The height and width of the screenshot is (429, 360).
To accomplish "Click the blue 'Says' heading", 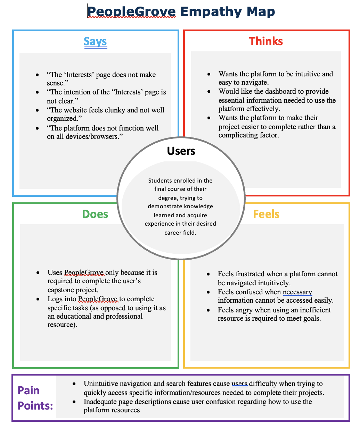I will pos(95,42).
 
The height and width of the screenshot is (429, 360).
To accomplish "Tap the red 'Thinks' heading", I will pos(266,41).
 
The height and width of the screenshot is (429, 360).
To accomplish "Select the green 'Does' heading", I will pos(95,214).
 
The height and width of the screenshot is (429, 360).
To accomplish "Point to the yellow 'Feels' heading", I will pos(266,214).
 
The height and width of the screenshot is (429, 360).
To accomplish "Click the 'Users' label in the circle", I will pos(181,151).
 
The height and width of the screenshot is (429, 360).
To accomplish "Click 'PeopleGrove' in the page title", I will pos(132,12).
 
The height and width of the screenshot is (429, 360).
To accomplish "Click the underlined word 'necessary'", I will pos(297,292).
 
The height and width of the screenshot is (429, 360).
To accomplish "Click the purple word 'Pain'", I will pos(28,390).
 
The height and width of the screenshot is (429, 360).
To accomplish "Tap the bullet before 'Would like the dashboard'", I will pos(209,92).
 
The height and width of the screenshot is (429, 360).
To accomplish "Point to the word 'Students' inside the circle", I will pos(160,180).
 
